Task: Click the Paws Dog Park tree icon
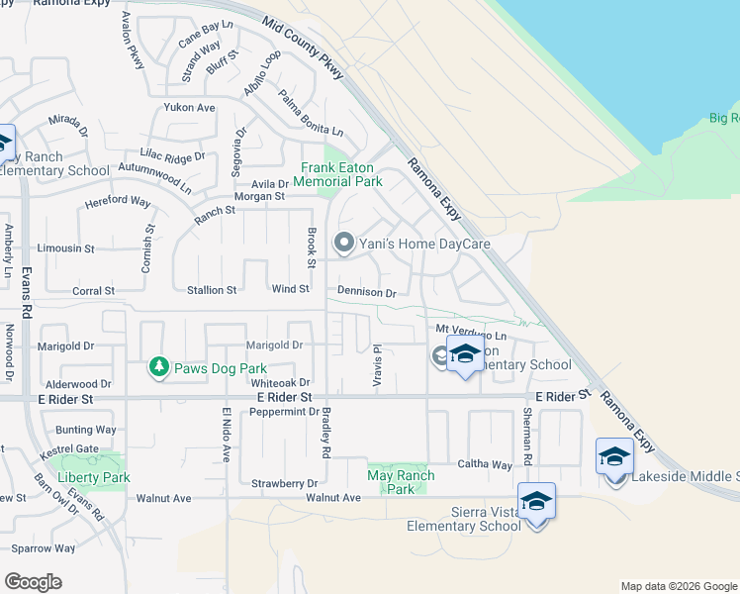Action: point(158,368)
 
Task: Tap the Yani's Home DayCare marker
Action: point(344,243)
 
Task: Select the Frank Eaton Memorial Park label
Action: point(341,174)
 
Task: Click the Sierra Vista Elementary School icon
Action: point(536,503)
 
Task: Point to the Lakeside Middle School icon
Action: point(614,458)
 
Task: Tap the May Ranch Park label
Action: point(401,482)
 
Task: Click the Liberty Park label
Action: point(94,477)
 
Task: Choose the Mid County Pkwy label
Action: point(305,48)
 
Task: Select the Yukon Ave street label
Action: point(190,107)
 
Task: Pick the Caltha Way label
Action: point(484,464)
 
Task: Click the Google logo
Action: point(34,582)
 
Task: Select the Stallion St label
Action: point(213,290)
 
